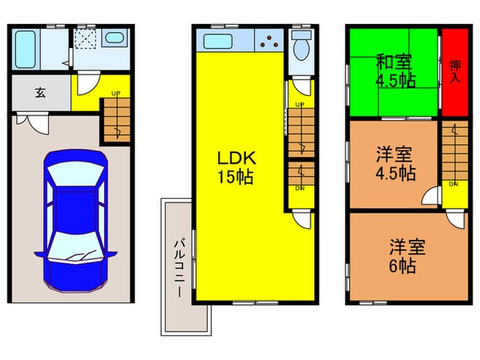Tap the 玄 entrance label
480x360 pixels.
tap(40, 93)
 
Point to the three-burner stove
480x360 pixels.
tap(269, 41)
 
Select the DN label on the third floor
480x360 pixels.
tap(453, 184)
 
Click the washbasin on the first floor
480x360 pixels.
tap(113, 39)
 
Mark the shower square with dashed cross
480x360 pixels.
tap(86, 38)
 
